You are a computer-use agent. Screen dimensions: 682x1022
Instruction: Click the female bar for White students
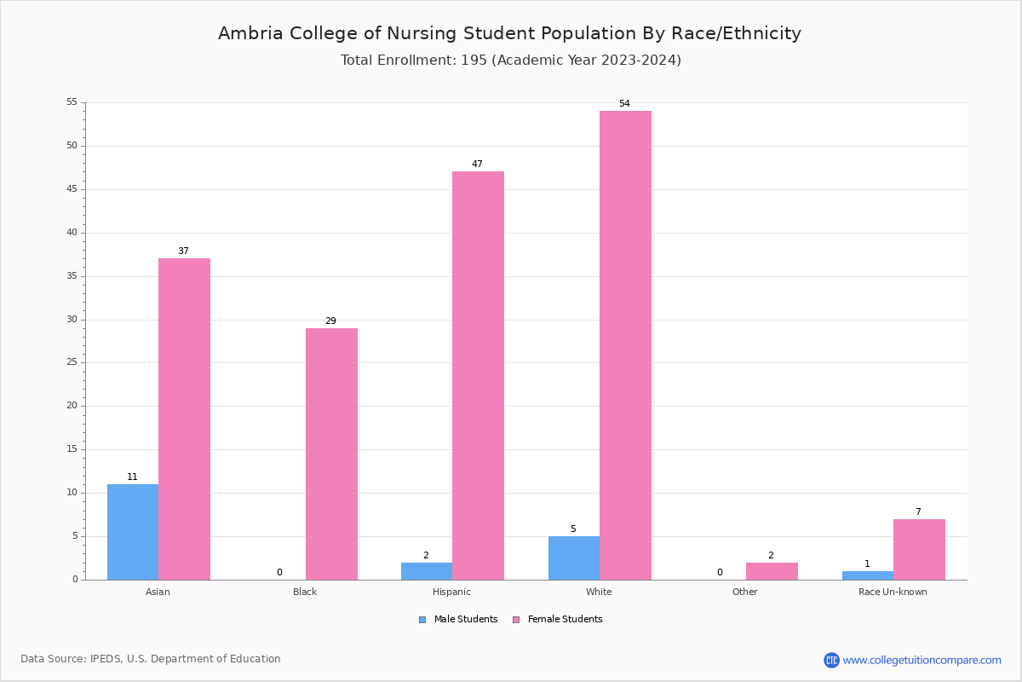tap(625, 345)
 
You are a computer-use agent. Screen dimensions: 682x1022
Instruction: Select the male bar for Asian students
tap(133, 532)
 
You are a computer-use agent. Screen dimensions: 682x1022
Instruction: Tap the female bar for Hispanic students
tap(478, 375)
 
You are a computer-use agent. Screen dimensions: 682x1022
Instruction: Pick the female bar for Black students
tap(331, 454)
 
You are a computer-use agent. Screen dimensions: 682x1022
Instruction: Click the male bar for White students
tap(574, 558)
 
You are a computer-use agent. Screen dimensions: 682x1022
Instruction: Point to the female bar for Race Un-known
tap(919, 549)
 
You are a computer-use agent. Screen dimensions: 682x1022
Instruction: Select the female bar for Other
tap(772, 571)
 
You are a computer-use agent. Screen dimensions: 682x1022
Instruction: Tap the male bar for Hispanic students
tap(427, 571)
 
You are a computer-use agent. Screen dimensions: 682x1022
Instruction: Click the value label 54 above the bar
tap(624, 104)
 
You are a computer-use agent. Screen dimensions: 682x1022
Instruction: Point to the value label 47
tap(477, 165)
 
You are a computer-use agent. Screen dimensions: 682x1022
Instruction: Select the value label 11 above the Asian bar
tap(132, 477)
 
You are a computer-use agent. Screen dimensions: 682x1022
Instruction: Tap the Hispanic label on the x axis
tap(451, 592)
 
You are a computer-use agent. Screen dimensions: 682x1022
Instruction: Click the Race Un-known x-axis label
tap(893, 592)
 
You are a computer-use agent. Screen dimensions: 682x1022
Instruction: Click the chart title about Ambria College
tap(509, 33)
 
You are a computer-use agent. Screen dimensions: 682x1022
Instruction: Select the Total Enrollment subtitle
tap(510, 61)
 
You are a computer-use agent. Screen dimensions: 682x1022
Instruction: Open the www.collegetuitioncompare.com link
tap(922, 660)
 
